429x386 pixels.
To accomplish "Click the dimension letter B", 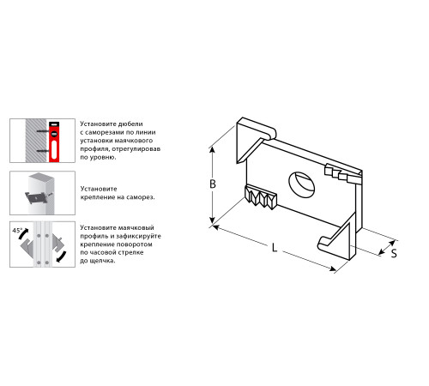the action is click(213, 184).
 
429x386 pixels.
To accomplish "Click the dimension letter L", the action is click(275, 248).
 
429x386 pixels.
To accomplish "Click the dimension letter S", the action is click(394, 253).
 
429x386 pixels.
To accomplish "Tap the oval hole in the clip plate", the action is click(302, 184).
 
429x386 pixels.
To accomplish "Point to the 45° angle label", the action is click(17, 230).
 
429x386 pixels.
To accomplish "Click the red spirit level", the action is click(54, 142).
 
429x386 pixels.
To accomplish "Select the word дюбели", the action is click(131, 124).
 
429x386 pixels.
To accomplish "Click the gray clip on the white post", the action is click(37, 197).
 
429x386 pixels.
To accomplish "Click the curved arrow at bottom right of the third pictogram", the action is click(62, 256).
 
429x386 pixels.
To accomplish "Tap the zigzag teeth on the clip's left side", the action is click(261, 196).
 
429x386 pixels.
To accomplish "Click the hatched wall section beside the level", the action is click(36, 141).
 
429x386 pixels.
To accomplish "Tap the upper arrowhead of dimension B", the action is click(212, 151).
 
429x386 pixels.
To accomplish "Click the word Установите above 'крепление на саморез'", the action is click(99, 189).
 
